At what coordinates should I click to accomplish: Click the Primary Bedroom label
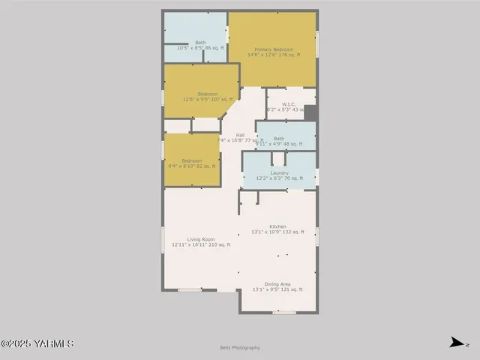[x=274, y=49]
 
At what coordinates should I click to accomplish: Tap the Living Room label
[x=201, y=239]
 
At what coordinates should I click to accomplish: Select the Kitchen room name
[x=277, y=226]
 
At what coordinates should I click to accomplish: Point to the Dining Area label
[x=277, y=284]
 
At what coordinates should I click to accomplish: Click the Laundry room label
[x=280, y=172]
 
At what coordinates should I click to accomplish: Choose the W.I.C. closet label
[x=289, y=104]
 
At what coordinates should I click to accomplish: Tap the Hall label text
[x=240, y=135]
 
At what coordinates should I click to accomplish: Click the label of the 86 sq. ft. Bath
[x=200, y=42]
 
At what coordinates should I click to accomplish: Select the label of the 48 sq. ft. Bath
[x=279, y=138]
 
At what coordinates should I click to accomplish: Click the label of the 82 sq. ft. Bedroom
[x=191, y=160]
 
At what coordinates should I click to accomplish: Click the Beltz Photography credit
[x=240, y=347]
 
